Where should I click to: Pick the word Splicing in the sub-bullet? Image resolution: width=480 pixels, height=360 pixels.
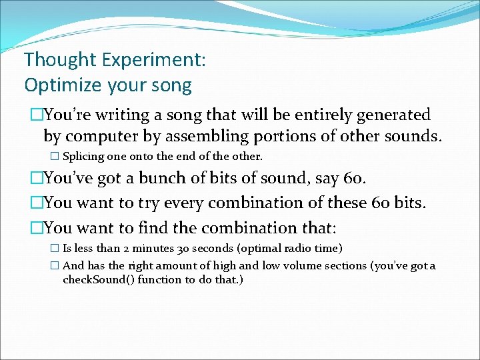83,157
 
